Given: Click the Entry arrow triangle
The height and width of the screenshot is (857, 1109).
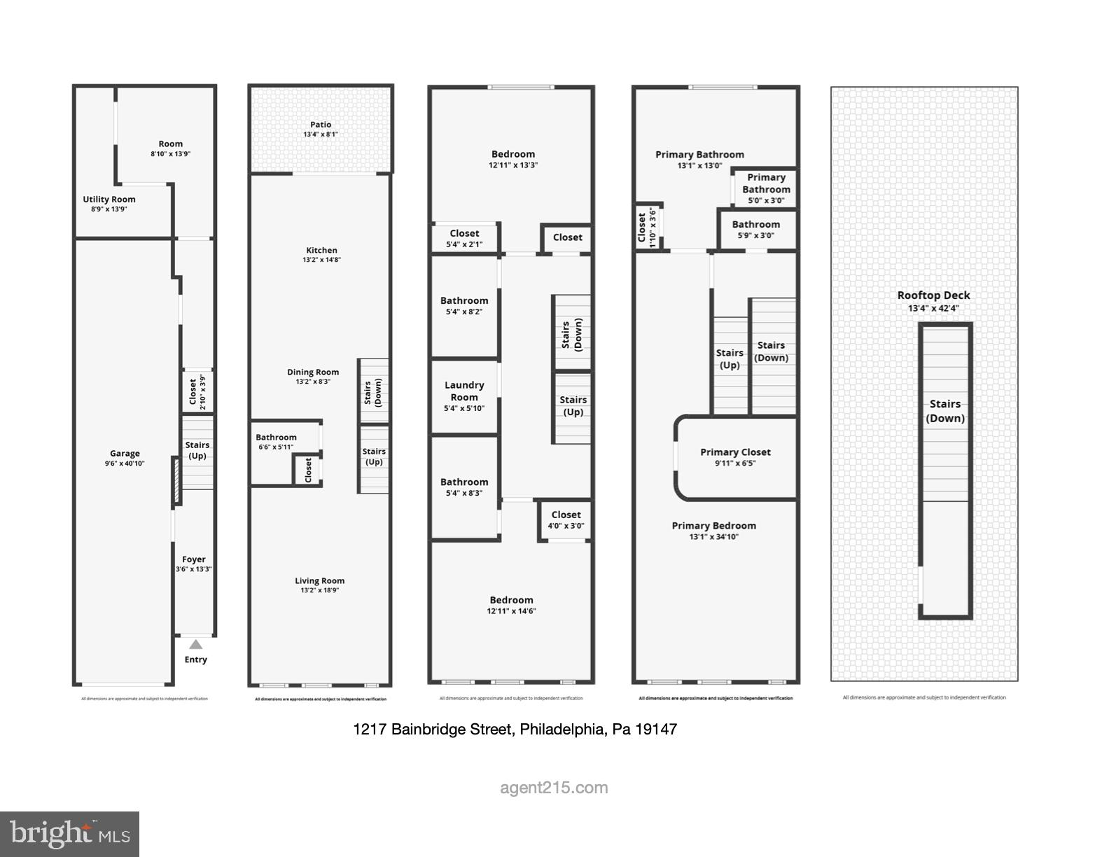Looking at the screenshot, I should coord(196,645).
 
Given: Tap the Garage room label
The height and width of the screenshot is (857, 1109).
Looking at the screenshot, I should coord(125,453).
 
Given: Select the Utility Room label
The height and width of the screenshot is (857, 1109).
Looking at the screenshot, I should coord(109,200).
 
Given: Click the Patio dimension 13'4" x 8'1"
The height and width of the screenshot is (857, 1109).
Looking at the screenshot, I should coord(321,134).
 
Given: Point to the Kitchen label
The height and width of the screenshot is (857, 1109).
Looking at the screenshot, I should coord(321,250).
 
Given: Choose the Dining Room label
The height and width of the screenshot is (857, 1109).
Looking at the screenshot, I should coord(313,372).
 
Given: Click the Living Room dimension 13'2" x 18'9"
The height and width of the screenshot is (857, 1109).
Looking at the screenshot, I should coord(319,590).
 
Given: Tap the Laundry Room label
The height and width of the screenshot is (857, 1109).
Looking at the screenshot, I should coord(464,391).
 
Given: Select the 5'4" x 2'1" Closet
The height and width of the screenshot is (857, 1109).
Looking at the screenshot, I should coord(464,238).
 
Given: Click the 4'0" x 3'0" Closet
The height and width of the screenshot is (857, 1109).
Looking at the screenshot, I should coord(566,520).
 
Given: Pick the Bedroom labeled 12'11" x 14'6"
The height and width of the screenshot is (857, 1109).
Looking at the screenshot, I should coord(511,605).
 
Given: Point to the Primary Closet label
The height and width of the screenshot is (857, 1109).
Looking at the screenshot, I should coord(735,452).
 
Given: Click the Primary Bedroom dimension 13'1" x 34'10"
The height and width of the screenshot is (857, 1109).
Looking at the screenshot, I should coord(714,537).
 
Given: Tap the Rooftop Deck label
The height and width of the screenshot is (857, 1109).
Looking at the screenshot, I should coord(934,295).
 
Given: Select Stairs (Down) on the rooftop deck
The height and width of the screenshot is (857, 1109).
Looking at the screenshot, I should coord(945,411).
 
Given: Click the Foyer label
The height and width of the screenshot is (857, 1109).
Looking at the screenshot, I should coord(194,559).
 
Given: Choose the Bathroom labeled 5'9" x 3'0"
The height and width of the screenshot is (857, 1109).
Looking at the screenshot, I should coord(756,229).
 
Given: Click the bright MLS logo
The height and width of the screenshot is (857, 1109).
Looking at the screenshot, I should coord(70,834).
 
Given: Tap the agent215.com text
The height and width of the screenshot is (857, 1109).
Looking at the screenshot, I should coord(554,788).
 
